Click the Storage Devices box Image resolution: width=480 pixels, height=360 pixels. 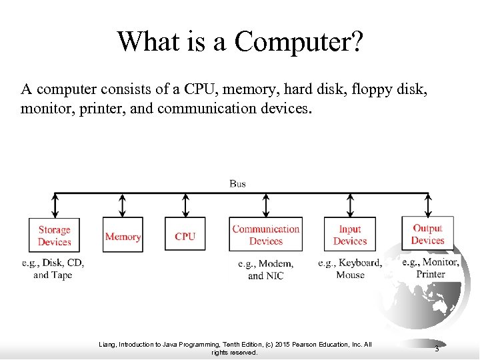tap(54, 235)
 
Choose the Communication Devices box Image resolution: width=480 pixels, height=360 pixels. tap(265, 235)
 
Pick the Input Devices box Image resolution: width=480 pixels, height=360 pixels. tap(350, 235)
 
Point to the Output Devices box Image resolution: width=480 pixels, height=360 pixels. tap(427, 234)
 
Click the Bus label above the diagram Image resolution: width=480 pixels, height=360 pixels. tap(237, 183)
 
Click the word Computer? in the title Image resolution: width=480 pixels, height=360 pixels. tap(299, 41)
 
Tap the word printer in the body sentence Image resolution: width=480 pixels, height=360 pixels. tap(91, 107)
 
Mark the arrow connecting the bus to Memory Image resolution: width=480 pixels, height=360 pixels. tap(122, 205)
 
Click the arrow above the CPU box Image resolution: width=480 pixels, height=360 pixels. tap(185, 205)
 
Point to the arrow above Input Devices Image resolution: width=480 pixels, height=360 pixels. tap(350, 205)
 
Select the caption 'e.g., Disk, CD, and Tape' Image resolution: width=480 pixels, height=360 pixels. tap(53, 269)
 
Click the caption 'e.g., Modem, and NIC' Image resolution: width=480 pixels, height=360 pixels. tap(265, 269)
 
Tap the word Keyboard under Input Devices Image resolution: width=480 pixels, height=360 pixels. tap(361, 263)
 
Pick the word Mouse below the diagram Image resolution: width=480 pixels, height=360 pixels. tap(351, 275)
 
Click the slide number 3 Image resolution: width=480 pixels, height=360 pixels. tap(436, 349)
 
